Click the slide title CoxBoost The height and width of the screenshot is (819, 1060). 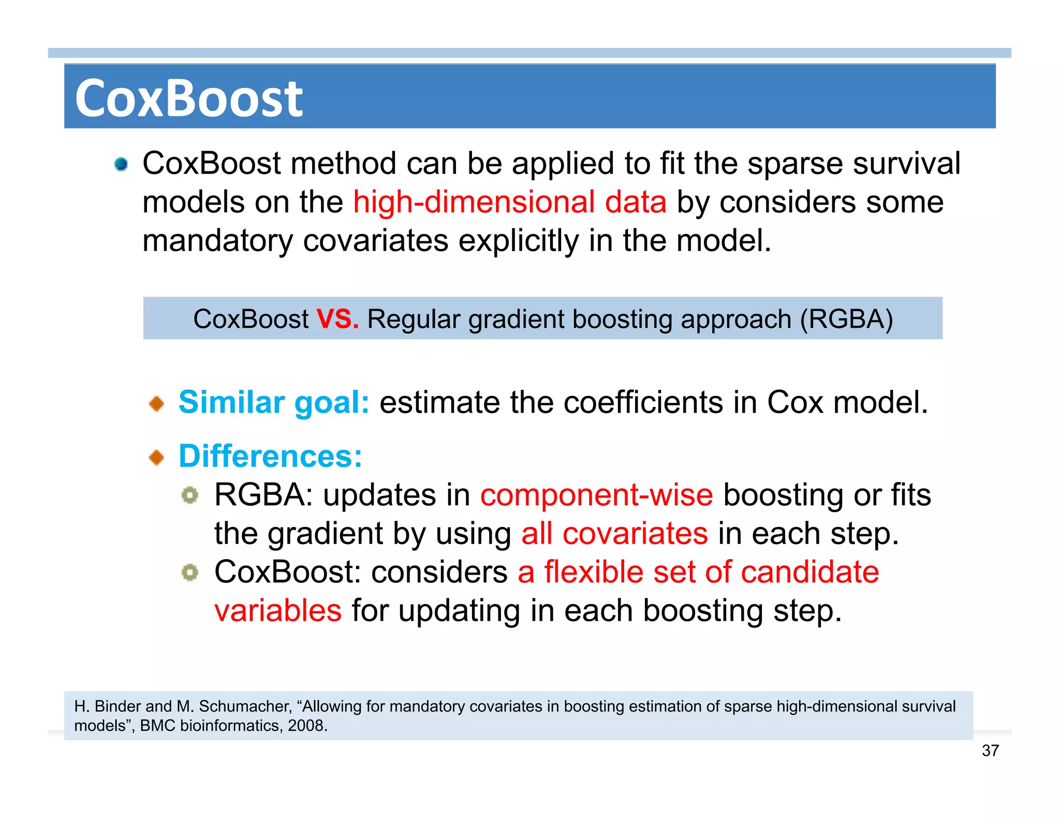189,98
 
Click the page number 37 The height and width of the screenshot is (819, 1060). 990,750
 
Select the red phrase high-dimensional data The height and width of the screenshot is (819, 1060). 509,202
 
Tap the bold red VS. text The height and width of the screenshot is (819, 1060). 337,319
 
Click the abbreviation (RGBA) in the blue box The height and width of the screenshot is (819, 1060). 846,319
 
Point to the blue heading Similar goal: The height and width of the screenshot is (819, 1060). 274,402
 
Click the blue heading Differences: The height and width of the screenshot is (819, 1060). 270,456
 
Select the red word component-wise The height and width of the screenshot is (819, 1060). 596,495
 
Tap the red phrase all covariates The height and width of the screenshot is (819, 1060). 614,534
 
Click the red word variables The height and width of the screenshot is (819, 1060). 278,611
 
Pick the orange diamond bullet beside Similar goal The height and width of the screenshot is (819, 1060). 156,403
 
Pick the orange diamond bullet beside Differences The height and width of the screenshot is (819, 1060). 156,457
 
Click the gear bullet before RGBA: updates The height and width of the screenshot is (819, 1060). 190,495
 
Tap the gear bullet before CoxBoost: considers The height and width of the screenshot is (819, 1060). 190,573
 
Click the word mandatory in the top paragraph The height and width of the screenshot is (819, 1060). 217,241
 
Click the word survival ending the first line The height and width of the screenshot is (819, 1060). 906,164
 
